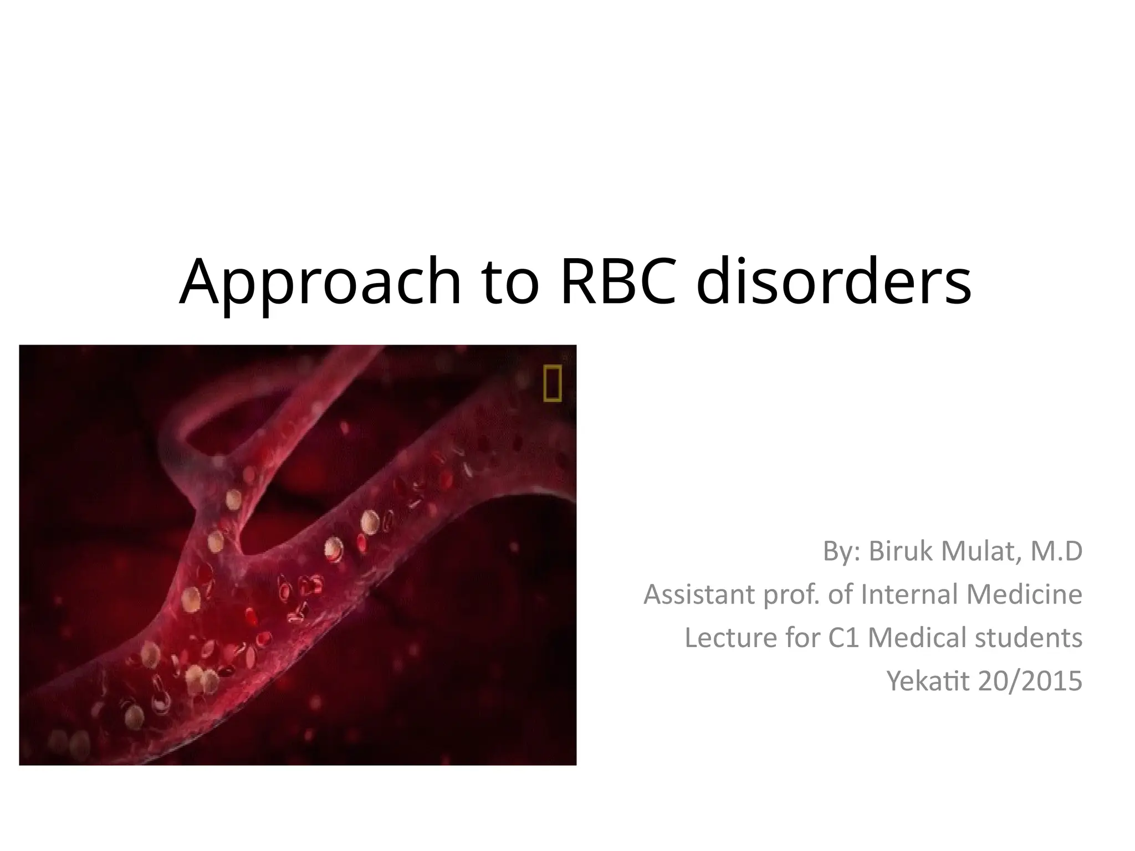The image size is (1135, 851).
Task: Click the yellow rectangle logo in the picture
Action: (x=553, y=383)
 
